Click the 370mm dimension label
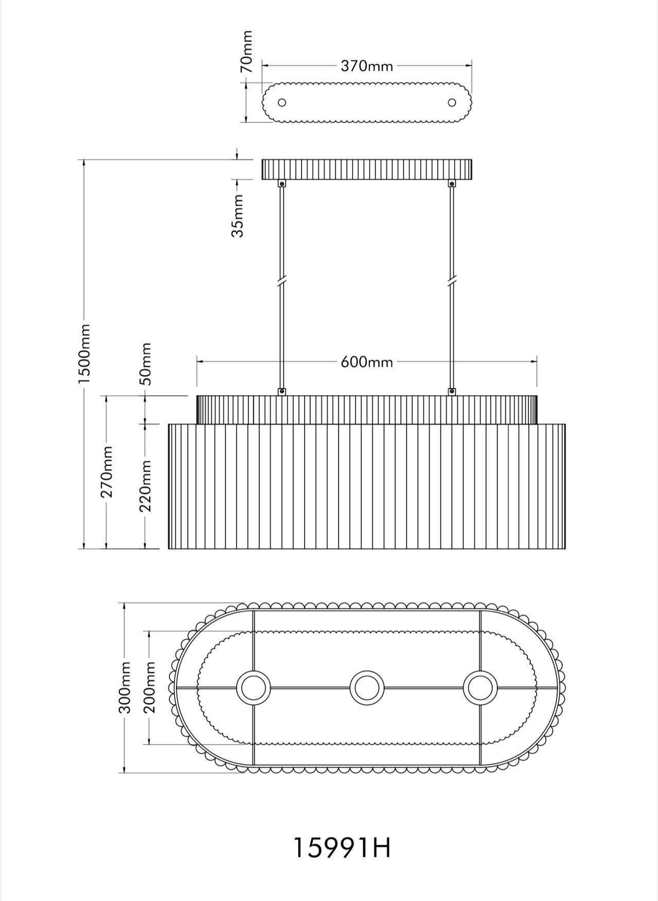point(367,66)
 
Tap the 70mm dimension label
point(247,51)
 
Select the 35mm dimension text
point(237,215)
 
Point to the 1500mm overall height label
point(84,354)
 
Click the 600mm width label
point(367,362)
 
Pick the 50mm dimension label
point(146,364)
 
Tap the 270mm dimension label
point(106,472)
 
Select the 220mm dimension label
point(146,485)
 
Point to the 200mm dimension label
point(149,687)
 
